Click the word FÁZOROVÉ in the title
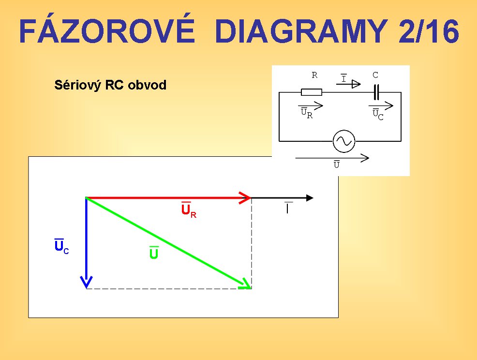(107, 30)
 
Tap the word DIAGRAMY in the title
(301, 31)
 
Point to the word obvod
(147, 85)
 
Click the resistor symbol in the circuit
(312, 92)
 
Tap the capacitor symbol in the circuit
(376, 92)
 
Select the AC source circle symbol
(344, 141)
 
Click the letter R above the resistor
(314, 75)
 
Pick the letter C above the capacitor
(375, 75)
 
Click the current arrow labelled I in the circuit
(348, 84)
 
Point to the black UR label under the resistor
(307, 113)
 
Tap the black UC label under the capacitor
(378, 114)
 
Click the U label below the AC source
(336, 164)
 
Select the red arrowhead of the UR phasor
(245, 198)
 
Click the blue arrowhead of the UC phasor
(87, 282)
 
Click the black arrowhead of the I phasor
(310, 198)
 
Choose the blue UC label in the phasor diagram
(61, 246)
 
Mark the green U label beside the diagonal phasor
(154, 253)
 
